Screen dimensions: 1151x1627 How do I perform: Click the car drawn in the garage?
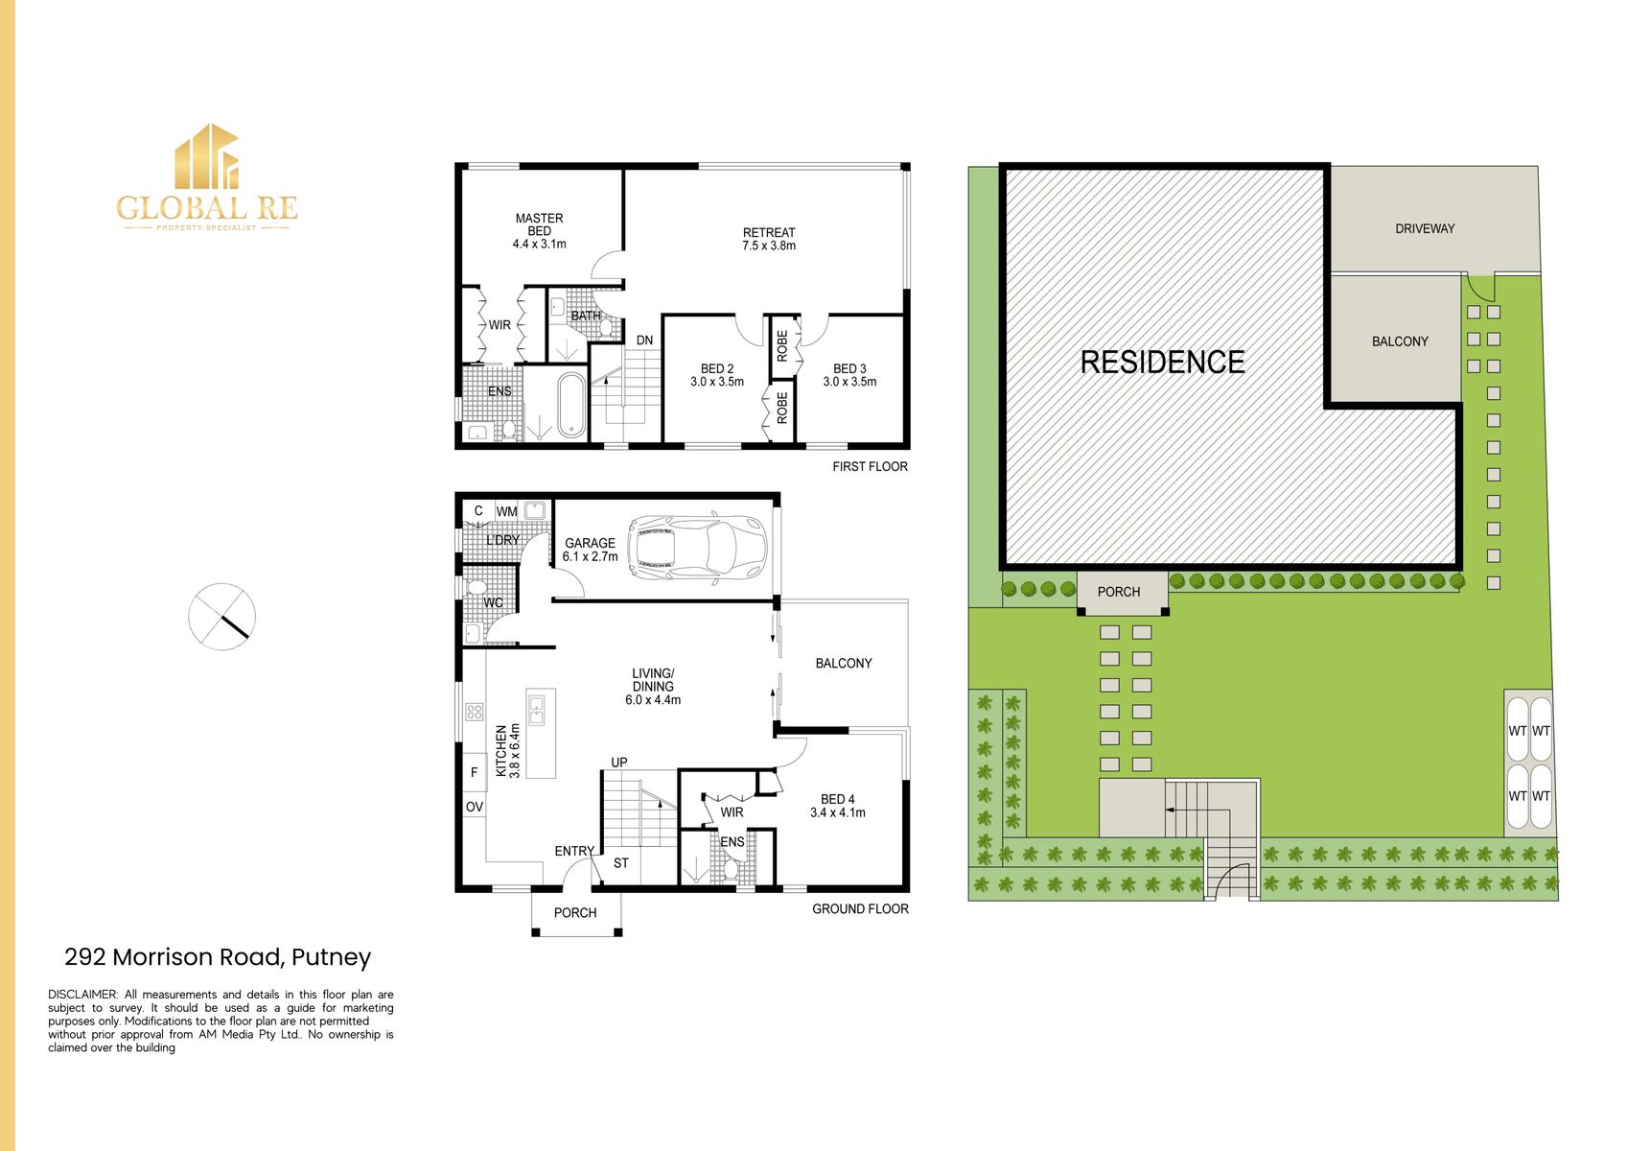pyautogui.click(x=697, y=549)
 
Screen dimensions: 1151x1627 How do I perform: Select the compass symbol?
pyautogui.click(x=221, y=616)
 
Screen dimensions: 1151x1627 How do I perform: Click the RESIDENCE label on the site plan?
pyautogui.click(x=1162, y=362)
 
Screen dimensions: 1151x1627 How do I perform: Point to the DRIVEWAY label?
pyautogui.click(x=1425, y=228)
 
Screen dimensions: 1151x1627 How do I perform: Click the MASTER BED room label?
pyautogui.click(x=539, y=231)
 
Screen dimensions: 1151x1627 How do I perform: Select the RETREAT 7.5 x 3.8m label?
pyautogui.click(x=769, y=239)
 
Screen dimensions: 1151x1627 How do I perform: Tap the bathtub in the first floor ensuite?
pyautogui.click(x=570, y=405)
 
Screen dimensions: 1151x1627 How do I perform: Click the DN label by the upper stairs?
pyautogui.click(x=644, y=341)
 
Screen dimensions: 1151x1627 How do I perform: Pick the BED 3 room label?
pyautogui.click(x=849, y=375)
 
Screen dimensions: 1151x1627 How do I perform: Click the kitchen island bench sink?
pyautogui.click(x=537, y=711)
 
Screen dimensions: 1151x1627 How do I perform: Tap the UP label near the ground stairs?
pyautogui.click(x=619, y=763)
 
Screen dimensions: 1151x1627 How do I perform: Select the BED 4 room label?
pyautogui.click(x=837, y=806)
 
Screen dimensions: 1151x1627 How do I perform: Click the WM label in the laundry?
pyautogui.click(x=506, y=511)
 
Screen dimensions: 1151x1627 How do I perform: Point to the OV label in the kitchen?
pyautogui.click(x=474, y=807)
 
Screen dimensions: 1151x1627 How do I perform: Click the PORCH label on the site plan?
pyautogui.click(x=1118, y=592)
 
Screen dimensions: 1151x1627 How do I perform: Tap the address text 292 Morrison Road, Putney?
pyautogui.click(x=218, y=957)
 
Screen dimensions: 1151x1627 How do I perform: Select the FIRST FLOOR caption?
pyautogui.click(x=870, y=467)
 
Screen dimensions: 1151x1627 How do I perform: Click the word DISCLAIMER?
pyautogui.click(x=82, y=995)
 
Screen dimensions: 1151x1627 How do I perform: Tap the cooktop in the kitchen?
pyautogui.click(x=475, y=712)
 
